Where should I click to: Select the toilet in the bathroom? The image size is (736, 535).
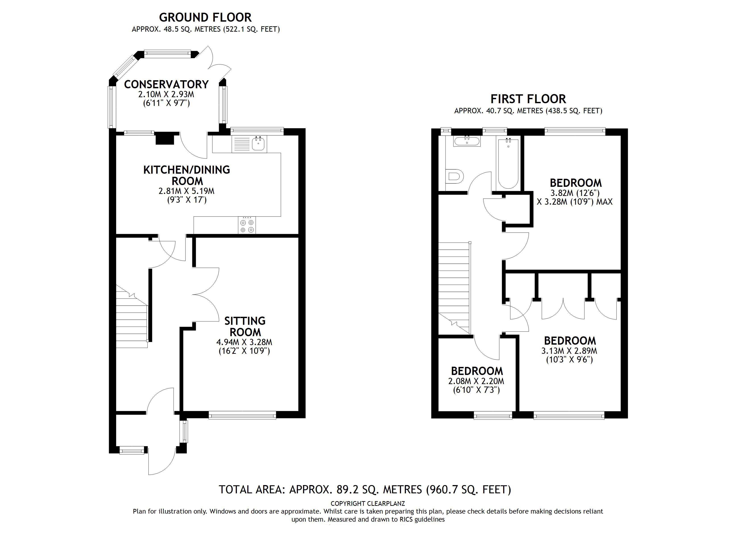[x=455, y=177]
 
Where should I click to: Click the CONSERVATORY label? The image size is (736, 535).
[x=166, y=84]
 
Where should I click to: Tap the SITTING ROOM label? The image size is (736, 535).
[x=245, y=326]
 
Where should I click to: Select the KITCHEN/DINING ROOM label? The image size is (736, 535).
[x=187, y=175]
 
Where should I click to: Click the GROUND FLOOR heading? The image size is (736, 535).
[x=205, y=17]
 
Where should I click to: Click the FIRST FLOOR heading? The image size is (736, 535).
[x=528, y=99]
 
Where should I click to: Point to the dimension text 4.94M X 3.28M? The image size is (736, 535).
[x=244, y=342]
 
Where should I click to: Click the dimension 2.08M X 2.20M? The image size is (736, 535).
[x=476, y=381]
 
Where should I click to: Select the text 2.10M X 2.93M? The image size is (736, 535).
[x=166, y=95]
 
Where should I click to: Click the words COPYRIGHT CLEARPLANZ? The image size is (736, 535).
[x=368, y=504]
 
